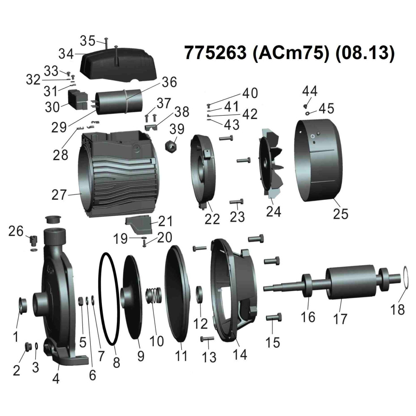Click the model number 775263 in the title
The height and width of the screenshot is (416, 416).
(x=215, y=52)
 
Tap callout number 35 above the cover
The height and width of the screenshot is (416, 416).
(x=87, y=41)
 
